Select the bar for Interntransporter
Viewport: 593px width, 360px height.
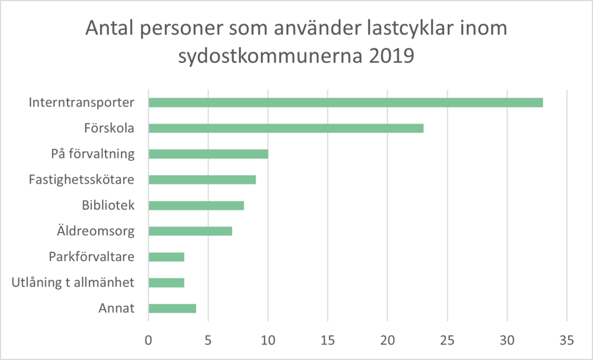point(346,103)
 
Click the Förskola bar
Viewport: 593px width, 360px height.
point(286,128)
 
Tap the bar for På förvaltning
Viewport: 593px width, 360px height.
point(208,154)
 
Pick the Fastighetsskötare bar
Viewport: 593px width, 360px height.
point(202,180)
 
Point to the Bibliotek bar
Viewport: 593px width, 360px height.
point(196,205)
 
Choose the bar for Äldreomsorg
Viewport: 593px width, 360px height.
point(190,231)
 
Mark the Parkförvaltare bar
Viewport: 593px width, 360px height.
point(167,257)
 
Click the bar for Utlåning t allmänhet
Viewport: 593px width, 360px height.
point(167,282)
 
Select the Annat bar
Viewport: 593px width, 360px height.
point(173,308)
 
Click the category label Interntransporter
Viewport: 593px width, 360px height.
point(81,103)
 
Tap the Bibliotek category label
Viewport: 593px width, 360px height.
point(108,205)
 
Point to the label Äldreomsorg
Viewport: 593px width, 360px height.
point(95,231)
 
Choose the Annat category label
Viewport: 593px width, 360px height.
point(116,308)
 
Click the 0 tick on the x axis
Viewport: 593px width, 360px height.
point(148,340)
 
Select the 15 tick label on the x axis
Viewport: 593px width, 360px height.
point(327,340)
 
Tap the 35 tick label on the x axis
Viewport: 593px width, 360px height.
point(566,340)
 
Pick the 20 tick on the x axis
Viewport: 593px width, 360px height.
point(387,340)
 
